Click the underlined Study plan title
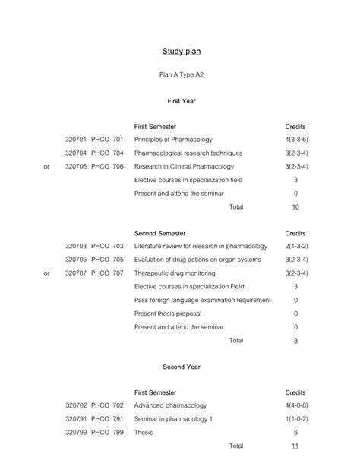point(181,52)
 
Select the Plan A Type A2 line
point(182,75)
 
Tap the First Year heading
point(182,101)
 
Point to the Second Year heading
point(182,367)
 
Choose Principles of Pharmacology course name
point(173,140)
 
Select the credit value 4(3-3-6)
point(295,140)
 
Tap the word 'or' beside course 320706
point(47,167)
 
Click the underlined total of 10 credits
point(295,207)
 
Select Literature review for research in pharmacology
point(201,247)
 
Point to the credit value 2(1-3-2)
point(295,247)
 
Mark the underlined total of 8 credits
point(295,341)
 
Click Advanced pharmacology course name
point(172,405)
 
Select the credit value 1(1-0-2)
point(295,418)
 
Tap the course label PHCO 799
point(107,432)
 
